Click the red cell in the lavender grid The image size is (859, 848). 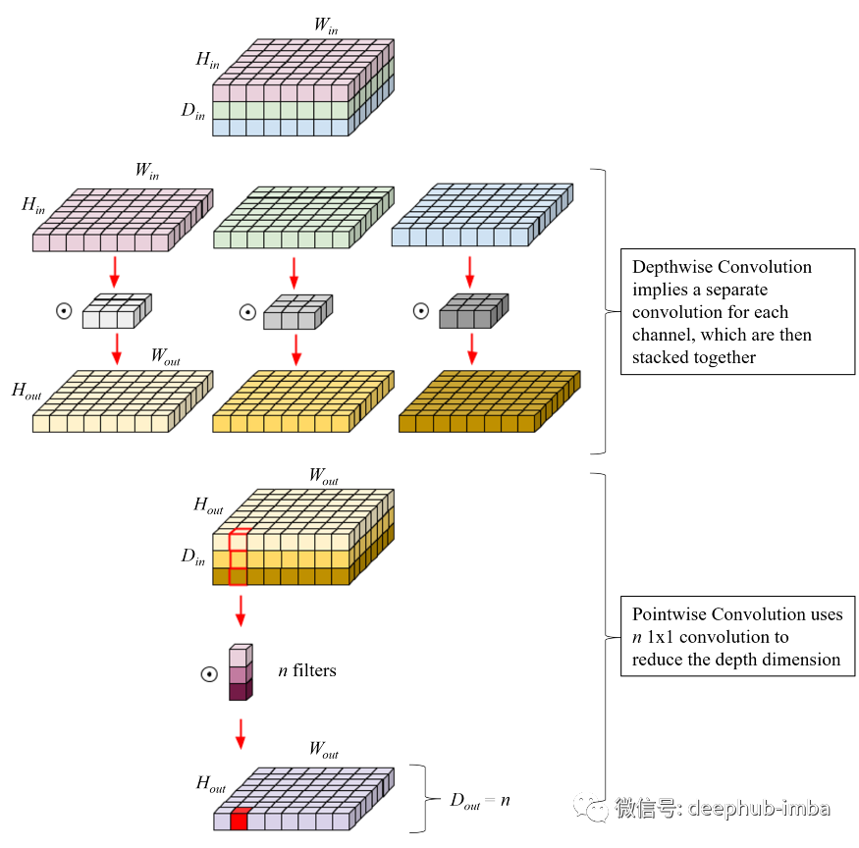(x=239, y=820)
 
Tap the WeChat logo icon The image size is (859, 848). (x=591, y=807)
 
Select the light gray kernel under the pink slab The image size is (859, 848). (x=116, y=312)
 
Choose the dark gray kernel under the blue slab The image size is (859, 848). (x=472, y=312)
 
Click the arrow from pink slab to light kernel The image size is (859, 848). (x=115, y=270)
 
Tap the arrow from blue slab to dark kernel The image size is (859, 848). (x=469, y=272)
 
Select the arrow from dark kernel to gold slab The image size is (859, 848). (x=471, y=348)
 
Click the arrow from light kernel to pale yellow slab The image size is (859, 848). (x=117, y=348)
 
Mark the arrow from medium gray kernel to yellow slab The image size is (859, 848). (x=295, y=348)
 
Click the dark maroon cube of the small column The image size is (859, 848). (x=239, y=691)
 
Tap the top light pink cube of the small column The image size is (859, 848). (x=239, y=657)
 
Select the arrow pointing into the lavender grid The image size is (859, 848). (x=241, y=733)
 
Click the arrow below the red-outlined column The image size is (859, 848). (x=241, y=609)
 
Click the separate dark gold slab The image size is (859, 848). (x=487, y=402)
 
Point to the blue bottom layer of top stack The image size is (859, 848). (x=281, y=128)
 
